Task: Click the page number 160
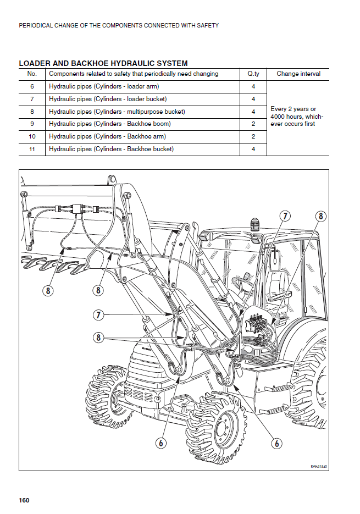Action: (x=24, y=500)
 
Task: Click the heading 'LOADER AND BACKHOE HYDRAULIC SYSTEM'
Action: (x=103, y=63)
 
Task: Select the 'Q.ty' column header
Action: (x=253, y=74)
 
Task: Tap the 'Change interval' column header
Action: (x=298, y=74)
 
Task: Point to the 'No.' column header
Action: (x=32, y=74)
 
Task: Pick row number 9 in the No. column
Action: (x=32, y=124)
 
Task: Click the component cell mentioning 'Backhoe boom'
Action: (x=110, y=124)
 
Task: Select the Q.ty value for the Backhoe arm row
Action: (x=253, y=136)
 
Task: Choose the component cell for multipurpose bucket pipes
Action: (x=117, y=112)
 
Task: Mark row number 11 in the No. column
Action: (x=32, y=149)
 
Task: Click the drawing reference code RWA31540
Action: (x=318, y=467)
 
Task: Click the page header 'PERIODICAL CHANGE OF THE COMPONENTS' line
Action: (x=119, y=25)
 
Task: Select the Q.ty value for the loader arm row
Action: (x=253, y=86)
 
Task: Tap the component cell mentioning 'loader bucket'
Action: (x=104, y=99)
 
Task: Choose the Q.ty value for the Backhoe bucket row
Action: (x=253, y=149)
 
